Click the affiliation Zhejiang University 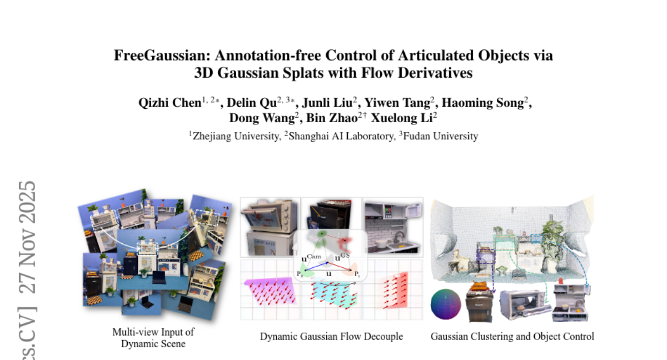click(x=234, y=136)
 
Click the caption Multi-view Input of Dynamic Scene click(x=153, y=338)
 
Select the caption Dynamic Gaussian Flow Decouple click(x=331, y=337)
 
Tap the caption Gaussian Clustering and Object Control click(x=512, y=337)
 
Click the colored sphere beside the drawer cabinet click(x=446, y=305)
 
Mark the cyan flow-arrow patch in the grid click(x=333, y=294)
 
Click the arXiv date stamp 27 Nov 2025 click(x=28, y=237)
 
